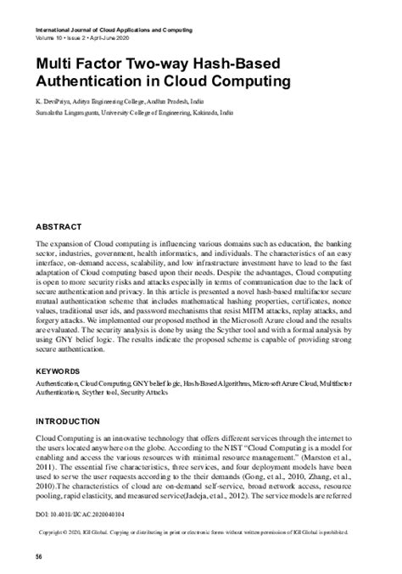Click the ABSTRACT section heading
pos(58,228)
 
